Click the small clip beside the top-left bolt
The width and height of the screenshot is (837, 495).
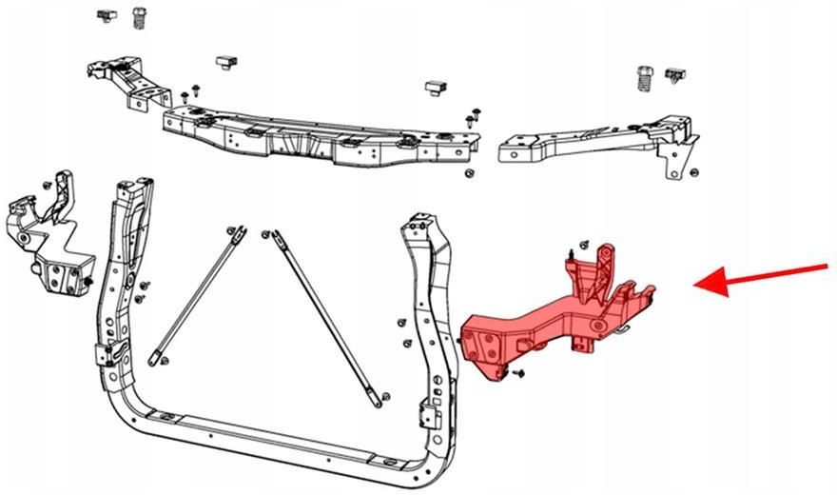(106, 15)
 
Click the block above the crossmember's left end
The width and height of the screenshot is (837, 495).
(226, 63)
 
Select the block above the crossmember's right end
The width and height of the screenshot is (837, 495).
(436, 89)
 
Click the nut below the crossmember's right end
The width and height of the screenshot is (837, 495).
(470, 173)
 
